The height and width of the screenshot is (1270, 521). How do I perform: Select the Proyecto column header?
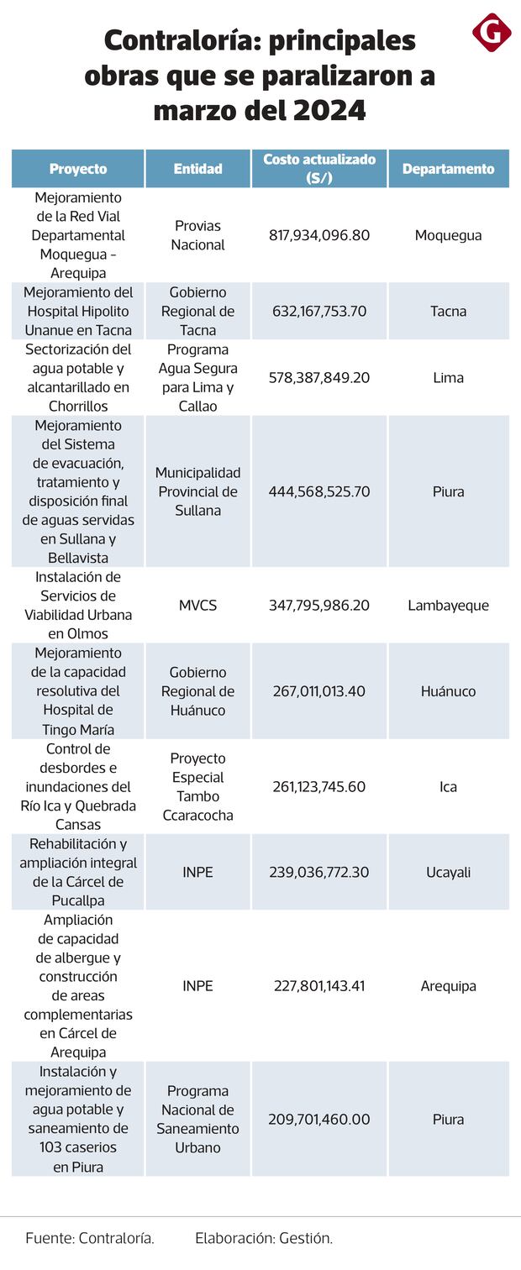[x=78, y=169]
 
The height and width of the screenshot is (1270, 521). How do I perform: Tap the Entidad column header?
[x=197, y=169]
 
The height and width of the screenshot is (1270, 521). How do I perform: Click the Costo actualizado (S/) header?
[x=319, y=168]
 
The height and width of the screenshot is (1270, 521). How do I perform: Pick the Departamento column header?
[x=448, y=169]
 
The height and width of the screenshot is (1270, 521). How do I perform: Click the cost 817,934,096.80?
[x=319, y=235]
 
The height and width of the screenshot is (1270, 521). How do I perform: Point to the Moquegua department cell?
[x=448, y=235]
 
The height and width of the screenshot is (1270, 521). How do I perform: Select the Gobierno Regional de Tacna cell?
[x=197, y=311]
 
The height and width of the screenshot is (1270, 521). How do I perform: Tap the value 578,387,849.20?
[x=319, y=377]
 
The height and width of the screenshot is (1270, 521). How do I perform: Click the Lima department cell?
[x=448, y=377]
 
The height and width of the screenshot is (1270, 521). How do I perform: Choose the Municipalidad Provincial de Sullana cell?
[x=197, y=491]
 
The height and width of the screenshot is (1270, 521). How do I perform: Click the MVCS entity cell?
[x=197, y=605]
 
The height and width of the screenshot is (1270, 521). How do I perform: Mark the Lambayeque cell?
[x=448, y=605]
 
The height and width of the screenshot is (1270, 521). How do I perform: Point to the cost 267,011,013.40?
[x=319, y=691]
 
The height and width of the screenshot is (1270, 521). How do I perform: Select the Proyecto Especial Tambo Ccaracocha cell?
[x=197, y=787]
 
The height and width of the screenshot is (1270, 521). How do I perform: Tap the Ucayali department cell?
[x=448, y=872]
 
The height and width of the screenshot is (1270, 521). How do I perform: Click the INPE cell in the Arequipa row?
[x=197, y=985]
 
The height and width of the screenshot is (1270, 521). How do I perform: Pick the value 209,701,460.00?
[x=319, y=1119]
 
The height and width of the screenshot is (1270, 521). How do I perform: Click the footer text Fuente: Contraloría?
[x=90, y=1237]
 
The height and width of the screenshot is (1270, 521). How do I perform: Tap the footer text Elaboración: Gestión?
[x=264, y=1237]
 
